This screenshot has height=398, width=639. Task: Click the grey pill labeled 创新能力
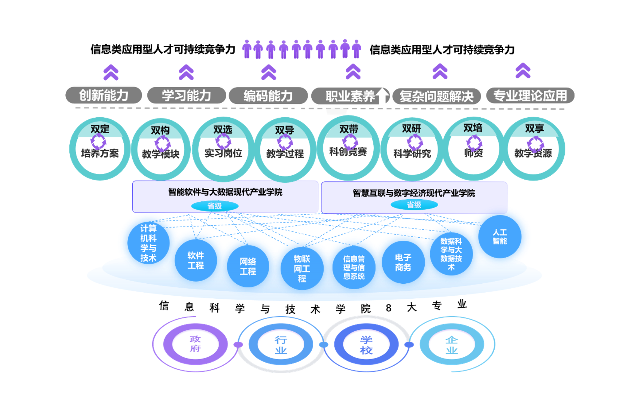point(104,95)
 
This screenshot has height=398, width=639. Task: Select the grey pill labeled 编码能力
point(268,96)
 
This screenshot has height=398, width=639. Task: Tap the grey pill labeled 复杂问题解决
point(436,96)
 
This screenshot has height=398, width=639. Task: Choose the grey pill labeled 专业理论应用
point(530,96)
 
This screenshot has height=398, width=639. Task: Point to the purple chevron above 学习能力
point(186,72)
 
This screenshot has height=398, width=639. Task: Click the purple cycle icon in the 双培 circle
point(474,142)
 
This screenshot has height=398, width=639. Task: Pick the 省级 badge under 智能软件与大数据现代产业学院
point(215,206)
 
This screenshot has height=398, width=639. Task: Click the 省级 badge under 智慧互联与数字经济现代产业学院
point(414,205)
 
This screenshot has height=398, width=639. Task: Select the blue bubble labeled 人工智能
point(500,237)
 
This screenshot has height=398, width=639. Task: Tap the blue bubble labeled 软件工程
point(196,260)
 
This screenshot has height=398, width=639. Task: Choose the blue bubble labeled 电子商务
point(403,262)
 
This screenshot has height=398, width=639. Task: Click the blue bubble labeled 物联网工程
point(302,268)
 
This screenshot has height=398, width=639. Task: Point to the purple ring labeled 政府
point(195,344)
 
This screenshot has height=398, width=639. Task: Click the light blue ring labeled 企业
point(452,345)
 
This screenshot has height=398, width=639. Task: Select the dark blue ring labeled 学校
point(366,345)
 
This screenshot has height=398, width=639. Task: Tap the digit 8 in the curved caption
point(388,308)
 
